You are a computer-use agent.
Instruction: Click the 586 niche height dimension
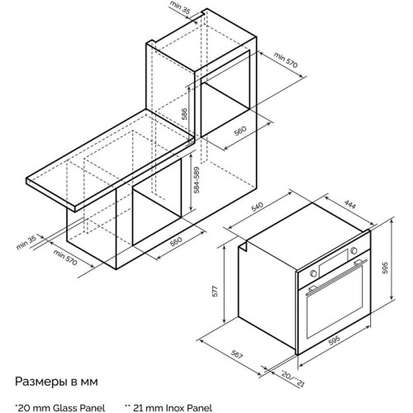(185, 113)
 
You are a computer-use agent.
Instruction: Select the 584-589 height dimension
(197, 180)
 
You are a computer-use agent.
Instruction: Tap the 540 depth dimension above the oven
(258, 206)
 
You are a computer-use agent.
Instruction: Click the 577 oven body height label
(216, 291)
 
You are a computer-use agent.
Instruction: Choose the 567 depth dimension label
(236, 354)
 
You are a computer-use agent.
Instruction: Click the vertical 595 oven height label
(385, 268)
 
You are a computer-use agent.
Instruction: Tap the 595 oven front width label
(335, 340)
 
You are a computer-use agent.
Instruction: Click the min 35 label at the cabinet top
(180, 7)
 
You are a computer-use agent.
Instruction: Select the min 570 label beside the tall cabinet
(286, 59)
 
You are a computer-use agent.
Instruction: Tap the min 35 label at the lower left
(26, 242)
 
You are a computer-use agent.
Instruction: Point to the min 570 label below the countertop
(65, 258)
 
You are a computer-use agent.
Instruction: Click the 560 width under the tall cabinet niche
(240, 131)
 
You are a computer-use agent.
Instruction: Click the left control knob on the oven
(313, 273)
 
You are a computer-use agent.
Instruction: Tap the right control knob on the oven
(354, 250)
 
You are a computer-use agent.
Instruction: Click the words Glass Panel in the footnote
(78, 408)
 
